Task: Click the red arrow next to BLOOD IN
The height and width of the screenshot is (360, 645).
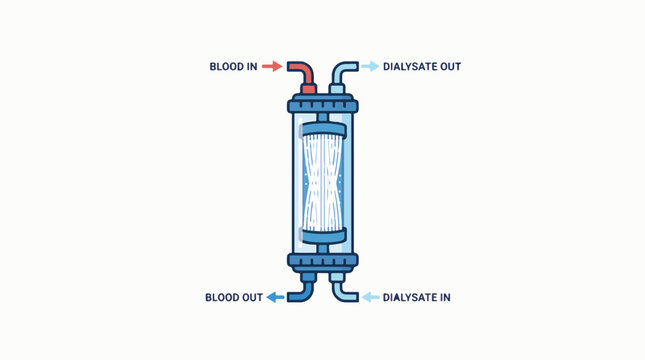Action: [x=272, y=67]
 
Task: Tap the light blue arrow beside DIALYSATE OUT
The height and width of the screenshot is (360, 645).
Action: [x=370, y=67]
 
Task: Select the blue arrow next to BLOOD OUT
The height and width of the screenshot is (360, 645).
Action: [x=272, y=297]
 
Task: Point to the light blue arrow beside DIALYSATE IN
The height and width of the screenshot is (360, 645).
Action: [x=370, y=297]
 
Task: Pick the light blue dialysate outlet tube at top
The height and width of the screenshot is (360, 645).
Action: [x=341, y=74]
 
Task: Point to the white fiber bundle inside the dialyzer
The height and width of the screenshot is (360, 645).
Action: [x=322, y=180]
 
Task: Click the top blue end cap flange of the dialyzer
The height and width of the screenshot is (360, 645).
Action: [x=322, y=103]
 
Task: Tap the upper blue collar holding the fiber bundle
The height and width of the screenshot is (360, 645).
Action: [x=322, y=128]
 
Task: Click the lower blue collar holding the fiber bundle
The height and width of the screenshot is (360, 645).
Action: [x=322, y=235]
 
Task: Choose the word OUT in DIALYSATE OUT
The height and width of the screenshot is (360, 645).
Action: [x=450, y=67]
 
